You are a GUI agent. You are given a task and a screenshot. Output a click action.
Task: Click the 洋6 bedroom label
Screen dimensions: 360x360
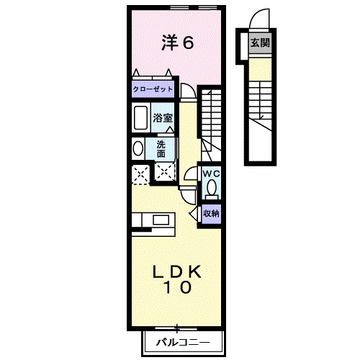coord(176,43)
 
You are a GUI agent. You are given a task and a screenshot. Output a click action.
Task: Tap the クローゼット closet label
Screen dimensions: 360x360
coord(153,90)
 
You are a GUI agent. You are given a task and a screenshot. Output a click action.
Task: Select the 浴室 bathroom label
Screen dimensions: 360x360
coord(162,117)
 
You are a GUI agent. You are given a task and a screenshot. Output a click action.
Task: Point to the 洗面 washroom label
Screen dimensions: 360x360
coord(162,148)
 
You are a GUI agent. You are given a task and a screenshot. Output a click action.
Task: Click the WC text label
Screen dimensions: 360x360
coord(211,174)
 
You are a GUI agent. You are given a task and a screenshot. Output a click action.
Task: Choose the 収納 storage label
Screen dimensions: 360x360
coord(210,212)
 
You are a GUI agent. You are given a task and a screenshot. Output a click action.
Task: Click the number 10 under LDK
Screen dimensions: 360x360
coord(176,289)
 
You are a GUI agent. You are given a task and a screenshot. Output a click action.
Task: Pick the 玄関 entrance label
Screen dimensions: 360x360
coord(260,42)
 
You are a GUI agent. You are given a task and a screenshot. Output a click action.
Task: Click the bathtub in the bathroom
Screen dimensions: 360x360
coord(140,117)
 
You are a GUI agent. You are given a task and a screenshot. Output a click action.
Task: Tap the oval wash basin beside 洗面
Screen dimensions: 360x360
coord(138,148)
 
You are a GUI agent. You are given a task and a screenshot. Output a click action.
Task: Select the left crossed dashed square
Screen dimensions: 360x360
coord(140,172)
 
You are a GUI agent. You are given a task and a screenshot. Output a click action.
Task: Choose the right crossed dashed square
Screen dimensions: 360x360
coord(165,172)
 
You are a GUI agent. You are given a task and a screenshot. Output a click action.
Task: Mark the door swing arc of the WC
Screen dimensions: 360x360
coord(191,174)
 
